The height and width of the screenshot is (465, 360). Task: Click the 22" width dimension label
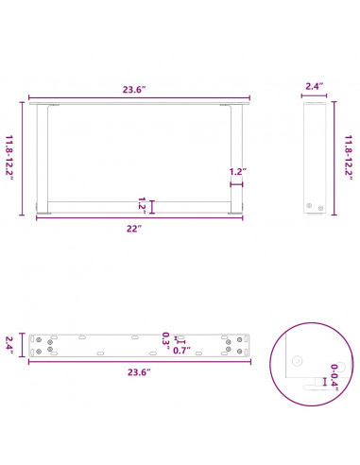(137, 229)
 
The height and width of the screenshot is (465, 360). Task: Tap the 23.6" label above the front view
(138, 91)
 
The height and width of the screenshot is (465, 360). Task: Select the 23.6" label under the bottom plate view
(138, 371)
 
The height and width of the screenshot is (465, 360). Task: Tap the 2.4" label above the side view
(315, 87)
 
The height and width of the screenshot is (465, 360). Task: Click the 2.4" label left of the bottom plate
(11, 344)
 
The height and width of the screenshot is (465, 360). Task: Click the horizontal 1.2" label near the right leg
(237, 172)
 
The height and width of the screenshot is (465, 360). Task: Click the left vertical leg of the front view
(40, 156)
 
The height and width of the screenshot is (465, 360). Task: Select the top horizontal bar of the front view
(137, 106)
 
